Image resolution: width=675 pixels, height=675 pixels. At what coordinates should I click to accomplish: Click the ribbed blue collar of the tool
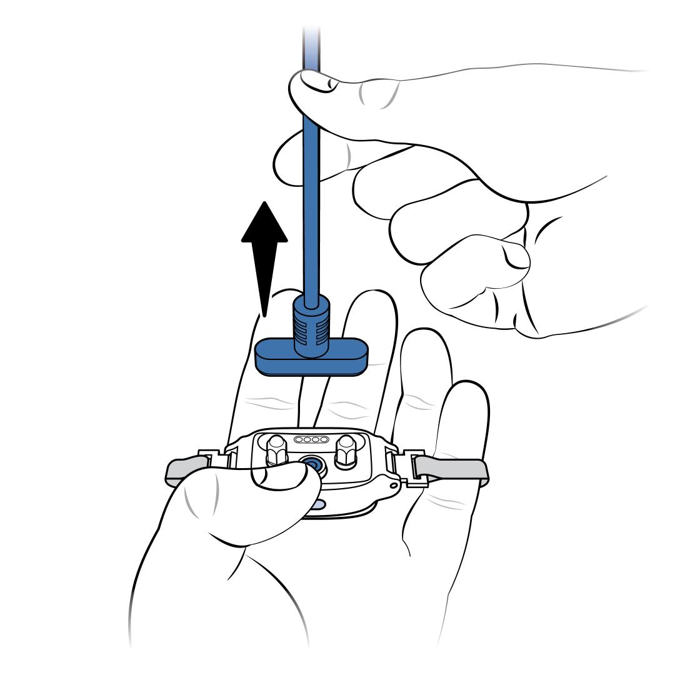[311, 325]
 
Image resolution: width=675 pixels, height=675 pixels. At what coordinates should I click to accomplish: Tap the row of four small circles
[310, 440]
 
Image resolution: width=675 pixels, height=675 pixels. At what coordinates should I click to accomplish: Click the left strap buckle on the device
[216, 462]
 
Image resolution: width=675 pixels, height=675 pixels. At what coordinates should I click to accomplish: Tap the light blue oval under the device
[317, 504]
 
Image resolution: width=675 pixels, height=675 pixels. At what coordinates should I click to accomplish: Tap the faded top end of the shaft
[311, 37]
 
